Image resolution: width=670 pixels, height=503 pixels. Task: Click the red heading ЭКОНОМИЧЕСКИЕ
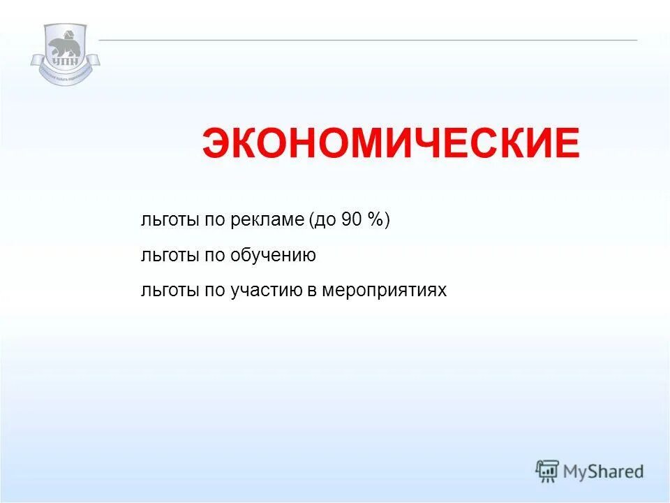pyautogui.click(x=391, y=144)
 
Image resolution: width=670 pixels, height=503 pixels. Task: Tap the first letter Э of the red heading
pyautogui.click(x=216, y=144)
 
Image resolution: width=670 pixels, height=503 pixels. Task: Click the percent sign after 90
pyautogui.click(x=375, y=220)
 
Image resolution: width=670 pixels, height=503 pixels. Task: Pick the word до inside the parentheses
pyautogui.click(x=326, y=220)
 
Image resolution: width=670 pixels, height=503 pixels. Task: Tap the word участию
pyautogui.click(x=265, y=291)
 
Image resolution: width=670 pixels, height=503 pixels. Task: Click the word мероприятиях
pyautogui.click(x=384, y=291)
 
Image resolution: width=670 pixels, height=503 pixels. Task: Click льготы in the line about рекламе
pyautogui.click(x=170, y=220)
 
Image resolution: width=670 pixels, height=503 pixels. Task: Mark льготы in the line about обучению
pyautogui.click(x=170, y=256)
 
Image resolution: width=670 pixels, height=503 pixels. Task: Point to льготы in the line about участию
pyautogui.click(x=170, y=291)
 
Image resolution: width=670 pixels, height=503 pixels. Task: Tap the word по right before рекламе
pyautogui.click(x=214, y=220)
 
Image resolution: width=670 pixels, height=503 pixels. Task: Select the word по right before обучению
pyautogui.click(x=214, y=256)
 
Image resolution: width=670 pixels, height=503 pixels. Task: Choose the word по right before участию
pyautogui.click(x=214, y=291)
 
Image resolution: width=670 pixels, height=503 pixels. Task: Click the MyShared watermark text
pyautogui.click(x=604, y=472)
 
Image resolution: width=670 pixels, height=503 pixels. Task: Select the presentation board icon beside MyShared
pyautogui.click(x=547, y=471)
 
